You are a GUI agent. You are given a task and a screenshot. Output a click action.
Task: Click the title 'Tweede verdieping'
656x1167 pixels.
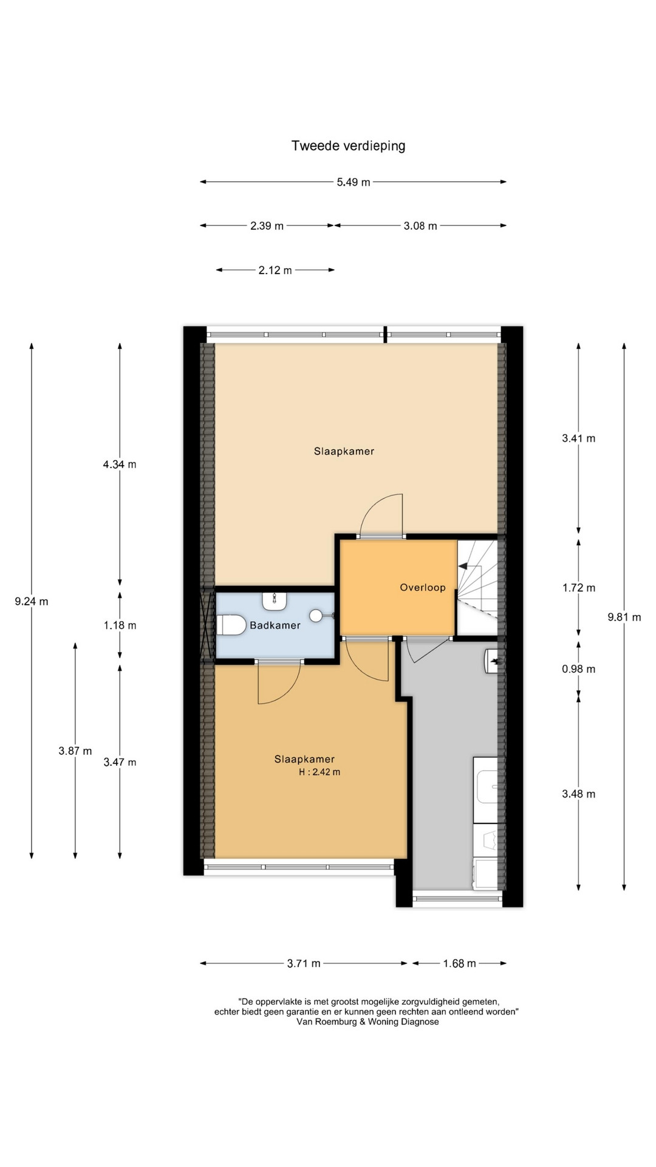tap(348, 146)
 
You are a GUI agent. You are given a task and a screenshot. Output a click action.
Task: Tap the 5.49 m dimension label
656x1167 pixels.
tap(354, 182)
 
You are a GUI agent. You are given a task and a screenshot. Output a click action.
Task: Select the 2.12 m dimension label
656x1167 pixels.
tap(275, 270)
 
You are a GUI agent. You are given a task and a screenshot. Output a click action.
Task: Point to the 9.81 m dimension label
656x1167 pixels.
tap(624, 618)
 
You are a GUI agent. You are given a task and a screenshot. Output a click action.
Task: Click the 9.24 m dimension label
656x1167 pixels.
tap(32, 602)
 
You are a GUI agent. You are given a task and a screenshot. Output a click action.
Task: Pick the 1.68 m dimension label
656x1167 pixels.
tap(459, 963)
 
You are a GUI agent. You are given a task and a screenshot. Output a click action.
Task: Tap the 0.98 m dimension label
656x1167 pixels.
tap(578, 669)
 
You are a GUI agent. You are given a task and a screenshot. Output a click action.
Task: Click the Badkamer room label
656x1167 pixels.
tap(275, 625)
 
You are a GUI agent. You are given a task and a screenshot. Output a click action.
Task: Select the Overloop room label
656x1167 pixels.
tap(423, 588)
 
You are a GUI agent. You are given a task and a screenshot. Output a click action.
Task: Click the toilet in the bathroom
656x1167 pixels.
tap(231, 625)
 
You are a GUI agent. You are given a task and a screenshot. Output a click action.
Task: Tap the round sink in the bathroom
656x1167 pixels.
tap(316, 616)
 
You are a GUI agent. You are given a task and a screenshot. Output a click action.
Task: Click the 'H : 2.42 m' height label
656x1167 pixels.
tap(319, 773)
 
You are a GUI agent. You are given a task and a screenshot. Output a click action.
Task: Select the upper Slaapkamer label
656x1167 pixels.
tap(344, 452)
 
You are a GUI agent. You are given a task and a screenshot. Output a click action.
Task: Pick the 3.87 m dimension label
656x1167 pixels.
tap(75, 751)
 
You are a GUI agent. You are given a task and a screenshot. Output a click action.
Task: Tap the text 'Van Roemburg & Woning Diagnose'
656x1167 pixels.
tap(367, 1022)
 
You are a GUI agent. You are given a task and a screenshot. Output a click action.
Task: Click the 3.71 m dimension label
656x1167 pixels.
tap(304, 963)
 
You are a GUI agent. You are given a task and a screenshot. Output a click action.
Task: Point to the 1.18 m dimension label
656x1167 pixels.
tap(120, 625)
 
